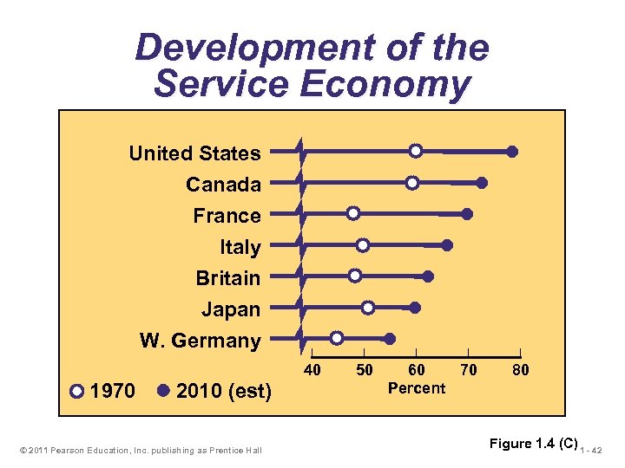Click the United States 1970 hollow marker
tap(416, 151)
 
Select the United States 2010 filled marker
tap(512, 152)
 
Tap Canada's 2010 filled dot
tap(482, 183)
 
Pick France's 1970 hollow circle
tap(353, 213)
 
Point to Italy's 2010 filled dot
tap(447, 245)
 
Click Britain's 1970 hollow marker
tap(355, 276)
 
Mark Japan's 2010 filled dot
tap(415, 308)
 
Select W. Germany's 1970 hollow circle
tap(337, 337)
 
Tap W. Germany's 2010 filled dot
tap(390, 339)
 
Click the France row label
tap(227, 216)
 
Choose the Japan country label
tap(231, 309)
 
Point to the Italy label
tap(240, 247)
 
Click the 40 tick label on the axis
tap(312, 371)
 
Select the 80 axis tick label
tap(520, 371)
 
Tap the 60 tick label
tap(417, 371)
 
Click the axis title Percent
tap(417, 388)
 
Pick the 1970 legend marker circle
tap(77, 391)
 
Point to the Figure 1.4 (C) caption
tap(533, 444)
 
